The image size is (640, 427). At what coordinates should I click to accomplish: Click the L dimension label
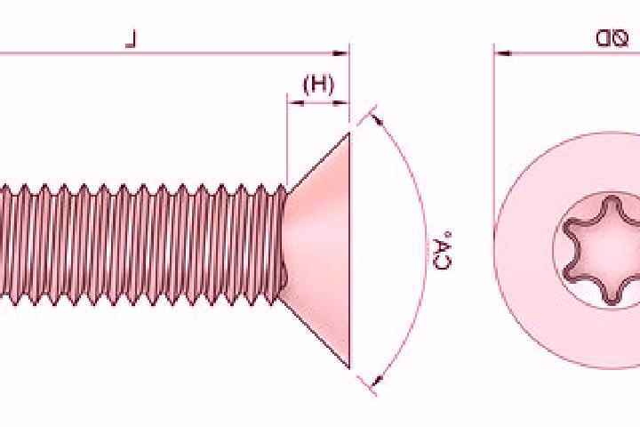[x=131, y=40]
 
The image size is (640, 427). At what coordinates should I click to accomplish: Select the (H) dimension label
[x=318, y=85]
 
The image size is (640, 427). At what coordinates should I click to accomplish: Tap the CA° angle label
[x=443, y=251]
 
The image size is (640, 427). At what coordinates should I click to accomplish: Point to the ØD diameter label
[x=611, y=38]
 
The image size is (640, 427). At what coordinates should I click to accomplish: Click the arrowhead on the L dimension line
[x=340, y=53]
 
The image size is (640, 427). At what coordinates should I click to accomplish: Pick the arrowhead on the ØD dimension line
[x=502, y=53]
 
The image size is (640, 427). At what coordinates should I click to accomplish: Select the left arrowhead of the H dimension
[x=295, y=103]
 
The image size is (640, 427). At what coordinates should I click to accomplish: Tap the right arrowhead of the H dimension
[x=341, y=103]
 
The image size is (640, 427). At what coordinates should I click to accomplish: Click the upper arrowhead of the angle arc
[x=378, y=119]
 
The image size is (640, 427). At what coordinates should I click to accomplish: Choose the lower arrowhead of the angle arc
[x=378, y=380]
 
